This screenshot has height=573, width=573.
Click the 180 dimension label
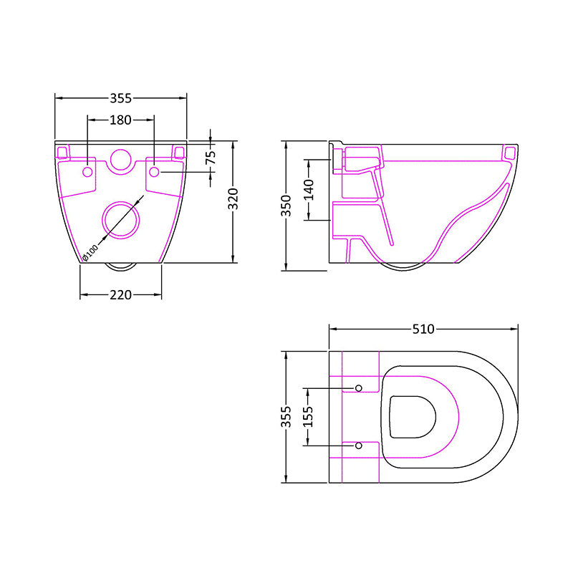click(x=120, y=120)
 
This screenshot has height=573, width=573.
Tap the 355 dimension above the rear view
click(x=120, y=98)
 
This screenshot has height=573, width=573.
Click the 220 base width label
click(x=120, y=294)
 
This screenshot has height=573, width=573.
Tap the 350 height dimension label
click(x=286, y=206)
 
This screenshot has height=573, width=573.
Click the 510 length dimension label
click(x=423, y=329)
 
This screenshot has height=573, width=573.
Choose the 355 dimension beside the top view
click(x=286, y=418)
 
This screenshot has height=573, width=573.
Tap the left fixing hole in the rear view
click(x=87, y=173)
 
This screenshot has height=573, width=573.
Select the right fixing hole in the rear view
click(x=154, y=173)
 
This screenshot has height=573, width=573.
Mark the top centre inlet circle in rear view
click(x=120, y=161)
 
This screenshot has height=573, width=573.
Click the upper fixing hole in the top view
click(x=359, y=388)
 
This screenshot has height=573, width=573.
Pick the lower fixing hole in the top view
click(x=359, y=446)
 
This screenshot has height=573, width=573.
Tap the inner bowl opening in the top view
click(x=413, y=417)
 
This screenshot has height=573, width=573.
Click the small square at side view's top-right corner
click(x=510, y=153)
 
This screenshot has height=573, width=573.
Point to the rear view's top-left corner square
click(x=62, y=152)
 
